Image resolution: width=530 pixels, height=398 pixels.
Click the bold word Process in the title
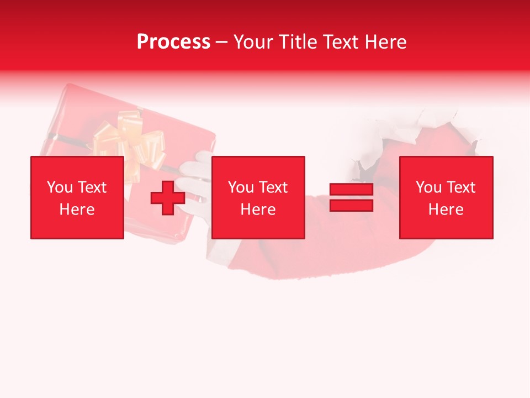pyautogui.click(x=173, y=42)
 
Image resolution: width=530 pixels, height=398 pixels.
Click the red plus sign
pyautogui.click(x=168, y=198)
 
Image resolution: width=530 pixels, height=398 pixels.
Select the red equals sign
pyautogui.click(x=351, y=197)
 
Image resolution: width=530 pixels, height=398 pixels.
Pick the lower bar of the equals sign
pyautogui.click(x=351, y=205)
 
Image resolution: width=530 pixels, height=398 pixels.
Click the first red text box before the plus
pyautogui.click(x=77, y=197)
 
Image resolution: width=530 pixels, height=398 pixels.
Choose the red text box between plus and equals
pyautogui.click(x=258, y=197)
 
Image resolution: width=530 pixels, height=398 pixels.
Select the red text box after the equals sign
pyautogui.click(x=446, y=197)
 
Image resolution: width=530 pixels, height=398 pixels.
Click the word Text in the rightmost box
pyautogui.click(x=460, y=187)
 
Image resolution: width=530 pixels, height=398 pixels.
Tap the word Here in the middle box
pyautogui.click(x=258, y=210)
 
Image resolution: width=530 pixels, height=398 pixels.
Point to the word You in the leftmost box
pyautogui.click(x=60, y=187)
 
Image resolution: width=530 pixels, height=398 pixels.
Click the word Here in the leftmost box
pyautogui.click(x=77, y=210)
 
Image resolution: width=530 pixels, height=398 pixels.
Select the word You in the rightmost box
pyautogui.click(x=429, y=187)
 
